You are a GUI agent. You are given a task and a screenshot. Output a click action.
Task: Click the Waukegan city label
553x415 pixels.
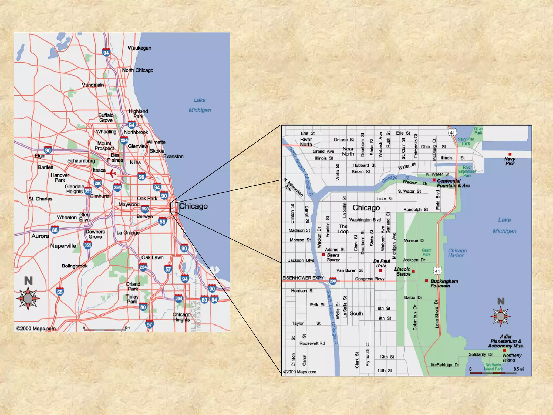[x=139, y=48]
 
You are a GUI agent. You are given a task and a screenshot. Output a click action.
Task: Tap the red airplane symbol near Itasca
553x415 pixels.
[x=111, y=173]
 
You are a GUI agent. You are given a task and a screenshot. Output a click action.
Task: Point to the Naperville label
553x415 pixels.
[x=63, y=246]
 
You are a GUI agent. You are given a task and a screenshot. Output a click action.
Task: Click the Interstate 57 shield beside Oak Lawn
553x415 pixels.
[x=168, y=269]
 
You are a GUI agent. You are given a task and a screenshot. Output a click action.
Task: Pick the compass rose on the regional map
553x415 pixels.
[x=28, y=299]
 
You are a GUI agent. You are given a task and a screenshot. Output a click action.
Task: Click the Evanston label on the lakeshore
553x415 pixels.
[x=173, y=156]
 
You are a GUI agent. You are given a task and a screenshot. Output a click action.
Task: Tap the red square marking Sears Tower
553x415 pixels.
[x=323, y=255]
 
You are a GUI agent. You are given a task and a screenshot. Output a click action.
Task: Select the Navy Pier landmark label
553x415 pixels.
[x=510, y=161]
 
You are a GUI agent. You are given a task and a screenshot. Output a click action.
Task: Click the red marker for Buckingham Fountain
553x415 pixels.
[x=427, y=281]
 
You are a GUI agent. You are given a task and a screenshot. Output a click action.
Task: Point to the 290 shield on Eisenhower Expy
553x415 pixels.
[x=333, y=281]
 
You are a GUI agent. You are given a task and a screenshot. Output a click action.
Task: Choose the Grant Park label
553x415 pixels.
[x=427, y=252]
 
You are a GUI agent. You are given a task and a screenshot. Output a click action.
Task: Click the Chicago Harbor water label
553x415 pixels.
[x=457, y=253]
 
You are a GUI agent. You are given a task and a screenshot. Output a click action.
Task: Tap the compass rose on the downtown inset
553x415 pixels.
[x=501, y=316]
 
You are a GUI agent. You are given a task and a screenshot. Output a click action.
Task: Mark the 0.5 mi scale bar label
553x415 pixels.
[x=518, y=369]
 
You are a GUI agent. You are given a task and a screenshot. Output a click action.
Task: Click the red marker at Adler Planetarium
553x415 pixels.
[x=505, y=350]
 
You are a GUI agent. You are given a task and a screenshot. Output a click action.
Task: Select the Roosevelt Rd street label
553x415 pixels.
[x=312, y=343]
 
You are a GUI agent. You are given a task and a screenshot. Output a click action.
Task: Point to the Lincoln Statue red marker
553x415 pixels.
[x=413, y=271]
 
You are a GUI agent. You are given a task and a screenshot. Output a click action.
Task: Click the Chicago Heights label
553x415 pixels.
[x=181, y=317]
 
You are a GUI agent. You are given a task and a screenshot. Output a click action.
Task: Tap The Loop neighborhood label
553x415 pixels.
[x=343, y=229]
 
